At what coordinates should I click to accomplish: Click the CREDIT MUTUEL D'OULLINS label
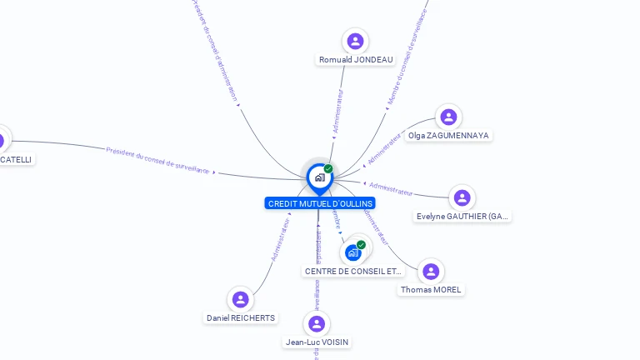320,203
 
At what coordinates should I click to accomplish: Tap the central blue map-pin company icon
319,177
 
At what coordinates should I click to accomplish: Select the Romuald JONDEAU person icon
356,41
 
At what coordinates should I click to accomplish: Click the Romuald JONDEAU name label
356,60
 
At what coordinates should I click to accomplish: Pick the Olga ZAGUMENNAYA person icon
448,117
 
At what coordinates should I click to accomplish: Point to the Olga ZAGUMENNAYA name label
448,136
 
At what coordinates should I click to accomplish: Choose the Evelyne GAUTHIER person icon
462,197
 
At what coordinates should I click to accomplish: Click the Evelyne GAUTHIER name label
462,217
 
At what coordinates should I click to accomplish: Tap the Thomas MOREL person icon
431,271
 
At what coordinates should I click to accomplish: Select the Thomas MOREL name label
431,290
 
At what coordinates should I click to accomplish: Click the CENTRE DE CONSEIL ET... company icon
353,252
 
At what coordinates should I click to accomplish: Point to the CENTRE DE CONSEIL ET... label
353,271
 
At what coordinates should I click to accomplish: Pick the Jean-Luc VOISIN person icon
317,323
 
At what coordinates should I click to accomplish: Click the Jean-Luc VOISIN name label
317,342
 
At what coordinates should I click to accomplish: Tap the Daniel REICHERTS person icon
241,299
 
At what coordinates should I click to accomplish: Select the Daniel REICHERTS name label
241,318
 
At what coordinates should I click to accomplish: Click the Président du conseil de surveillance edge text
157,160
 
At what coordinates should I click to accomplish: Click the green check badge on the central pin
328,168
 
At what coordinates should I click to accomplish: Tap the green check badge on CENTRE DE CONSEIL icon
361,245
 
